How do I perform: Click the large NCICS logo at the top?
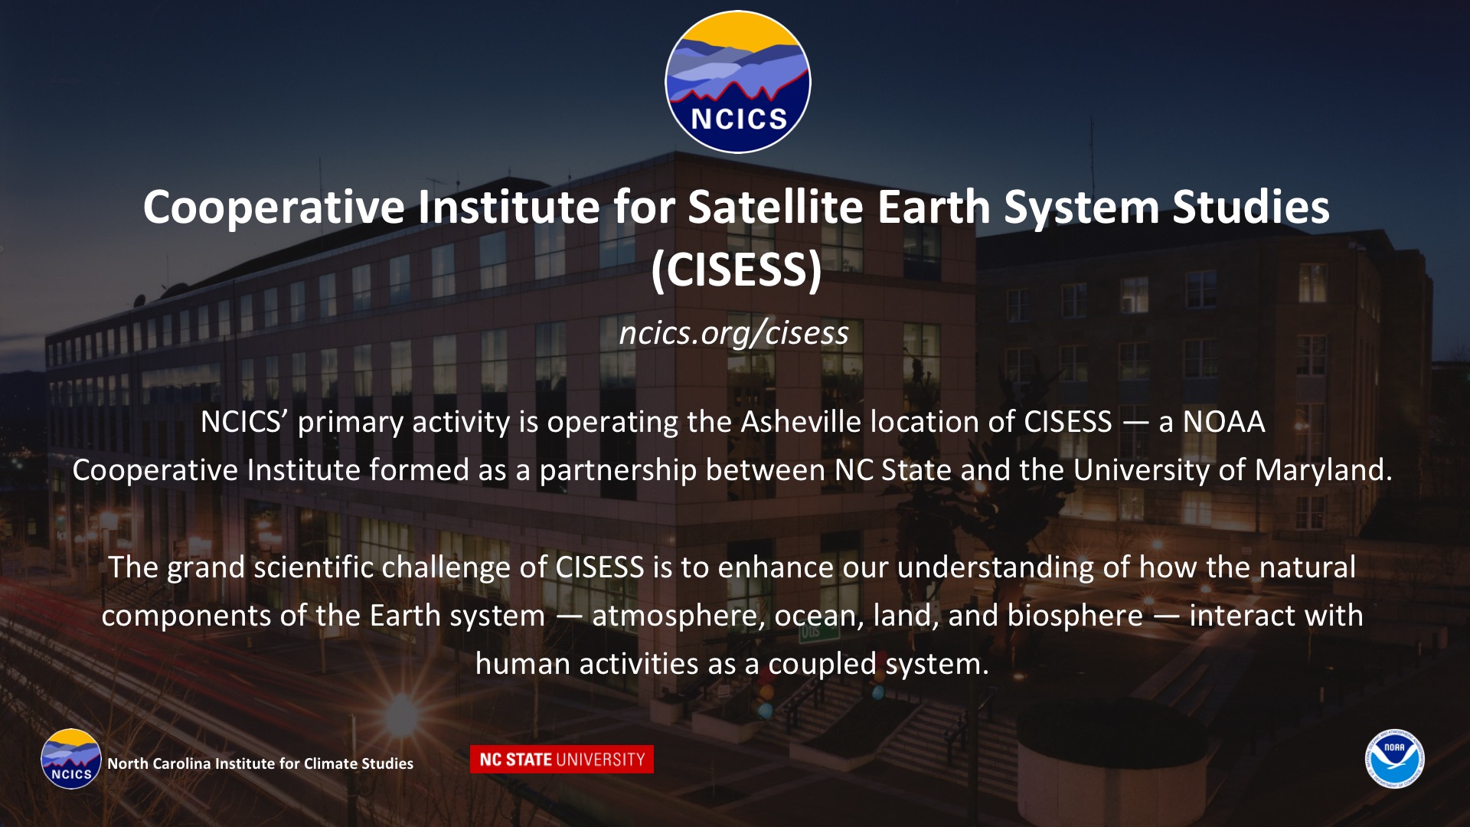pyautogui.click(x=737, y=82)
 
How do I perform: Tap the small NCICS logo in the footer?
pyautogui.click(x=71, y=759)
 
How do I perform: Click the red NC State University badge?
pyautogui.click(x=562, y=760)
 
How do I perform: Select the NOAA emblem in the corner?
pyautogui.click(x=1394, y=759)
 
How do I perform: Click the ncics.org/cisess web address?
pyautogui.click(x=734, y=333)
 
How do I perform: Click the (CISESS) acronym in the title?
pyautogui.click(x=737, y=270)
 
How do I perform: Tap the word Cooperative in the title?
pyautogui.click(x=274, y=208)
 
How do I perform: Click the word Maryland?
pyautogui.click(x=1324, y=470)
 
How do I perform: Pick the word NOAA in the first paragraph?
pyautogui.click(x=1223, y=422)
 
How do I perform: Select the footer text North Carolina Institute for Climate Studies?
pyautogui.click(x=260, y=763)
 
